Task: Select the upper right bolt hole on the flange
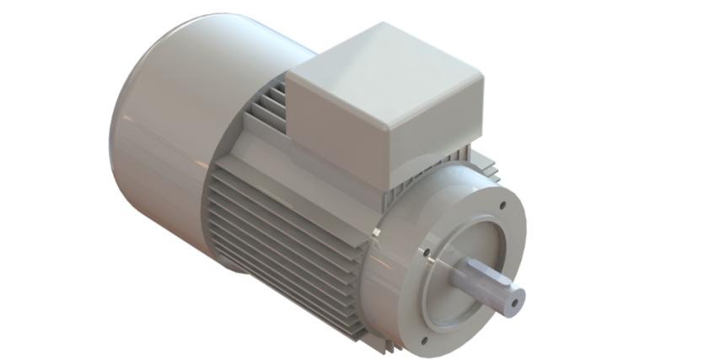click(x=502, y=204)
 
